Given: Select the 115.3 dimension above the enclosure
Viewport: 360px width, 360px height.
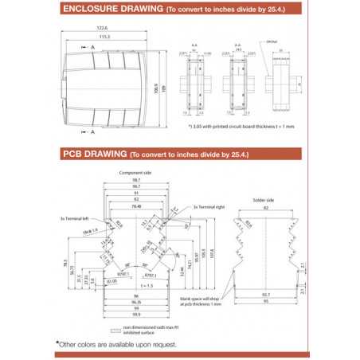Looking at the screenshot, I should click(104, 36).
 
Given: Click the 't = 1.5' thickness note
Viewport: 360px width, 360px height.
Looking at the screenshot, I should click(144, 284).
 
